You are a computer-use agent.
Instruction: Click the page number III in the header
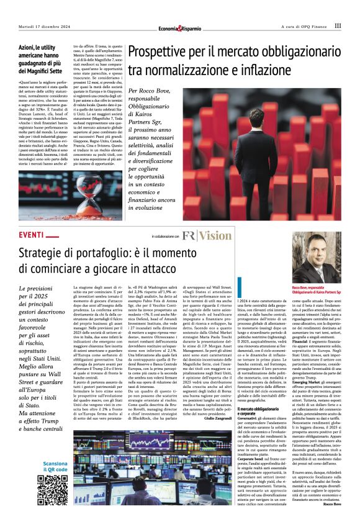click(x=337, y=25)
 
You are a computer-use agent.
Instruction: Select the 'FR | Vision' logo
click(x=207, y=236)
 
